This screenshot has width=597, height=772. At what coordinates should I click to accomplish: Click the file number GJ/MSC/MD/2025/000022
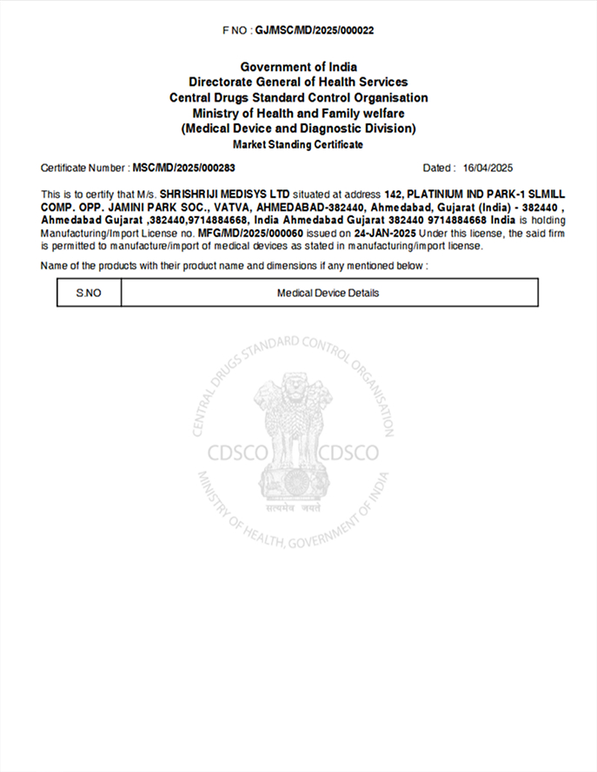tap(315, 30)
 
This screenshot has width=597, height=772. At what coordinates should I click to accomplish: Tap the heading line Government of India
tap(298, 67)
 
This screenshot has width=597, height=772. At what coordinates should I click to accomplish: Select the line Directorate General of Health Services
tap(298, 82)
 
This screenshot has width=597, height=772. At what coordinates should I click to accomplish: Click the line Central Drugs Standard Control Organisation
tap(298, 98)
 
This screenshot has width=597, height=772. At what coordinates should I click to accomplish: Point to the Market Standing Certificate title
tap(298, 144)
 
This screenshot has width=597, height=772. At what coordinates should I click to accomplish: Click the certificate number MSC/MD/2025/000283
tap(184, 168)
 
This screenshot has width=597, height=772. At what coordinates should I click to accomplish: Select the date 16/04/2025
tap(489, 168)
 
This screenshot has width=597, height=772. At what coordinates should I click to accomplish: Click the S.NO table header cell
tap(89, 293)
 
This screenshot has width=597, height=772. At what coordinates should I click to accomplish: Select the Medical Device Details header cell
tap(328, 293)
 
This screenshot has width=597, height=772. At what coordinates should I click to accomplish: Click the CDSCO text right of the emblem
tap(349, 452)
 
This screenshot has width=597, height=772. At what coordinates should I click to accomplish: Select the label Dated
tap(437, 168)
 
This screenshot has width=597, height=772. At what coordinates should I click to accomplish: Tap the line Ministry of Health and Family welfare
tap(298, 114)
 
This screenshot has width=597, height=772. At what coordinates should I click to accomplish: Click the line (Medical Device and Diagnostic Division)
tap(298, 129)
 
